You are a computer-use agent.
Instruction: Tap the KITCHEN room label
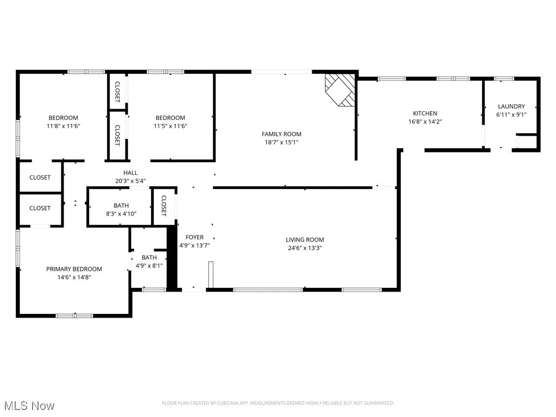tap(425, 113)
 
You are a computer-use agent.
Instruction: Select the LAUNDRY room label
tap(511, 106)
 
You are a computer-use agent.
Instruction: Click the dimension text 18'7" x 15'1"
tap(281, 143)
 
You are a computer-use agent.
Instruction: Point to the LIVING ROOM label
tap(305, 239)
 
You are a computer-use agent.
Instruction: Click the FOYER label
tap(194, 237)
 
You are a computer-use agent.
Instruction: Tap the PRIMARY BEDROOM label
tap(74, 269)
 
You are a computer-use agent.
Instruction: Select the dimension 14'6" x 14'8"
tap(74, 277)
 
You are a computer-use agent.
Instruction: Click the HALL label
tap(130, 173)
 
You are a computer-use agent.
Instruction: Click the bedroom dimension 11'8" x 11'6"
tap(64, 126)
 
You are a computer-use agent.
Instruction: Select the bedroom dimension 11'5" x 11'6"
tap(170, 126)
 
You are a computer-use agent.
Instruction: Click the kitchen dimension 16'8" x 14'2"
tap(425, 122)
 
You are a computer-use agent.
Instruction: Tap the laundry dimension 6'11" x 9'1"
tap(511, 115)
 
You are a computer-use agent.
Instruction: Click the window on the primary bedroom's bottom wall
tap(74, 315)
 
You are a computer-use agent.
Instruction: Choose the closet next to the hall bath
tap(163, 206)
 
